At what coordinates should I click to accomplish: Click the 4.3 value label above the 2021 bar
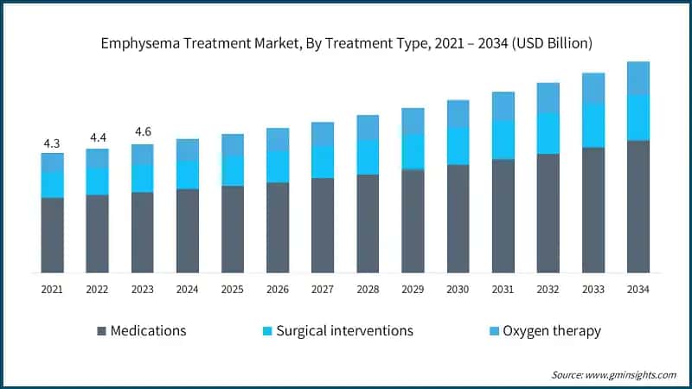click(52, 142)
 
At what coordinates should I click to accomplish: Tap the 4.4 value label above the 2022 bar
click(97, 137)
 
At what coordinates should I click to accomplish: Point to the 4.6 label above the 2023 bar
click(142, 132)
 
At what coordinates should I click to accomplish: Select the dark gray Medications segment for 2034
click(638, 207)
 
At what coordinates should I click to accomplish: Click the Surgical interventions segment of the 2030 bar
click(458, 146)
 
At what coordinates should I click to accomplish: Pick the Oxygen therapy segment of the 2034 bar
click(638, 79)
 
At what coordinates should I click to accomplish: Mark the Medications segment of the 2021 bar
click(52, 235)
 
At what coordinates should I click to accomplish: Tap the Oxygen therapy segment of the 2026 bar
click(278, 140)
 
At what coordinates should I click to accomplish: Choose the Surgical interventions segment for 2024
click(187, 175)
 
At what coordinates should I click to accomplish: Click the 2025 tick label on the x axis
click(233, 290)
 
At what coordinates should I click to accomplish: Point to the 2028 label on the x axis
click(368, 290)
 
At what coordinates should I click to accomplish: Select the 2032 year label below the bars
click(548, 290)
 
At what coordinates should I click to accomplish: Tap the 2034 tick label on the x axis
click(638, 290)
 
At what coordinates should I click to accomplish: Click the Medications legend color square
click(103, 331)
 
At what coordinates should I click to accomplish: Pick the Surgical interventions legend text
click(344, 331)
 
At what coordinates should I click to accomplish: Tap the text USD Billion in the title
click(550, 41)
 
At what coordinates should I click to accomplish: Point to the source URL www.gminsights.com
click(632, 374)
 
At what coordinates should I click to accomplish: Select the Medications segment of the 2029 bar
click(413, 221)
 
